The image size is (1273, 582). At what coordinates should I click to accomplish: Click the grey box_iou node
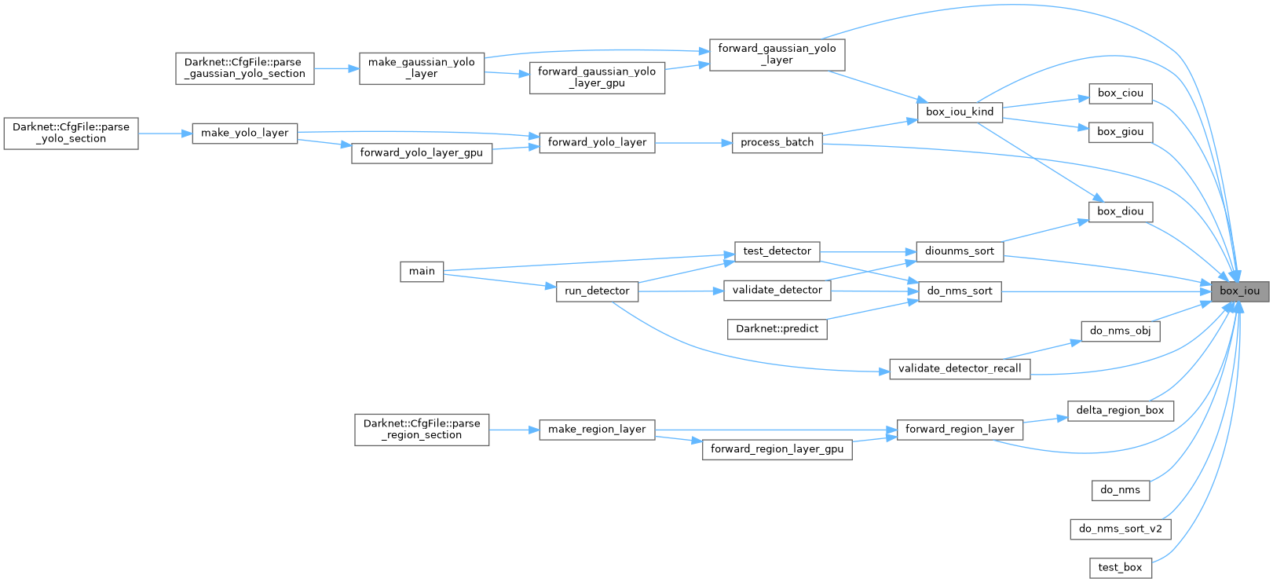point(1239,291)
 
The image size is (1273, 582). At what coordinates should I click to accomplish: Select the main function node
point(422,271)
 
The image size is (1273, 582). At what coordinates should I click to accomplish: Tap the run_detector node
point(597,291)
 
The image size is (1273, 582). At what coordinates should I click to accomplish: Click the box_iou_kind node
point(960,112)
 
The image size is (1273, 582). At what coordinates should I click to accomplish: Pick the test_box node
point(1120,567)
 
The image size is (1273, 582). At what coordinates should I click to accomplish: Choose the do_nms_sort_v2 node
point(1120,529)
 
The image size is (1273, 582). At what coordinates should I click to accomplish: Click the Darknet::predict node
point(777,328)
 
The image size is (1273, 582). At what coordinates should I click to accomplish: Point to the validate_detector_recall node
point(960,368)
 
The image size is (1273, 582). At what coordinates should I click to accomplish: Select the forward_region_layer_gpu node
point(777,449)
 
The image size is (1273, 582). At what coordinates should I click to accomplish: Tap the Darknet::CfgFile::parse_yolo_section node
point(71,133)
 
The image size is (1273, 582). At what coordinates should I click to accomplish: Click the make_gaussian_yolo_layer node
point(422,68)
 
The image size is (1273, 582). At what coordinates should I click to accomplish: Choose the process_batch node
point(777,142)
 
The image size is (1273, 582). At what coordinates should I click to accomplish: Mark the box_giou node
point(1120,131)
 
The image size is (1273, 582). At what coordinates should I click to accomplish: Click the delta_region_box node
point(1120,410)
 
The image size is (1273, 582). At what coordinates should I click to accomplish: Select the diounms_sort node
point(960,251)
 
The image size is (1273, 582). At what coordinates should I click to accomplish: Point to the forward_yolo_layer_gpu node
point(422,152)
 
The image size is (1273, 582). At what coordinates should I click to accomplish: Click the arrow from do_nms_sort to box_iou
point(1099,291)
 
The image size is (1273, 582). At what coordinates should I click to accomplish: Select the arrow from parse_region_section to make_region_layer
point(514,430)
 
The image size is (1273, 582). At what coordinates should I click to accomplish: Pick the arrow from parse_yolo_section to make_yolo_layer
point(165,134)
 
